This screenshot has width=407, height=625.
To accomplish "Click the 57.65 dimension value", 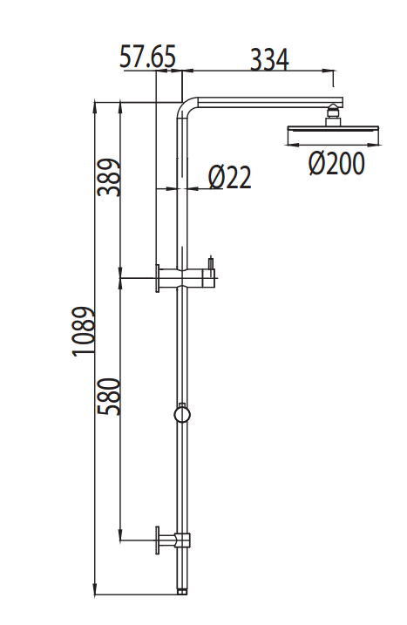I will (147, 58).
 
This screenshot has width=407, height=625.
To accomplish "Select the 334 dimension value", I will (269, 59).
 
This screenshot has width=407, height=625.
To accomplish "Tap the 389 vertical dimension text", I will (108, 177).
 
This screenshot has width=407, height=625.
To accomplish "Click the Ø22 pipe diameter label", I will (230, 178).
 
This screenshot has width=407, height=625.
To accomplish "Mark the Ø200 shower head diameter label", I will (336, 163).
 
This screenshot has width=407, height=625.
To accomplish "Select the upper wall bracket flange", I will (158, 279).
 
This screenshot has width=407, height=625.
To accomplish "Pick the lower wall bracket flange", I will (158, 540).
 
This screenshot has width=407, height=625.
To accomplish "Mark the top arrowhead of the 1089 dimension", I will (95, 106).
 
